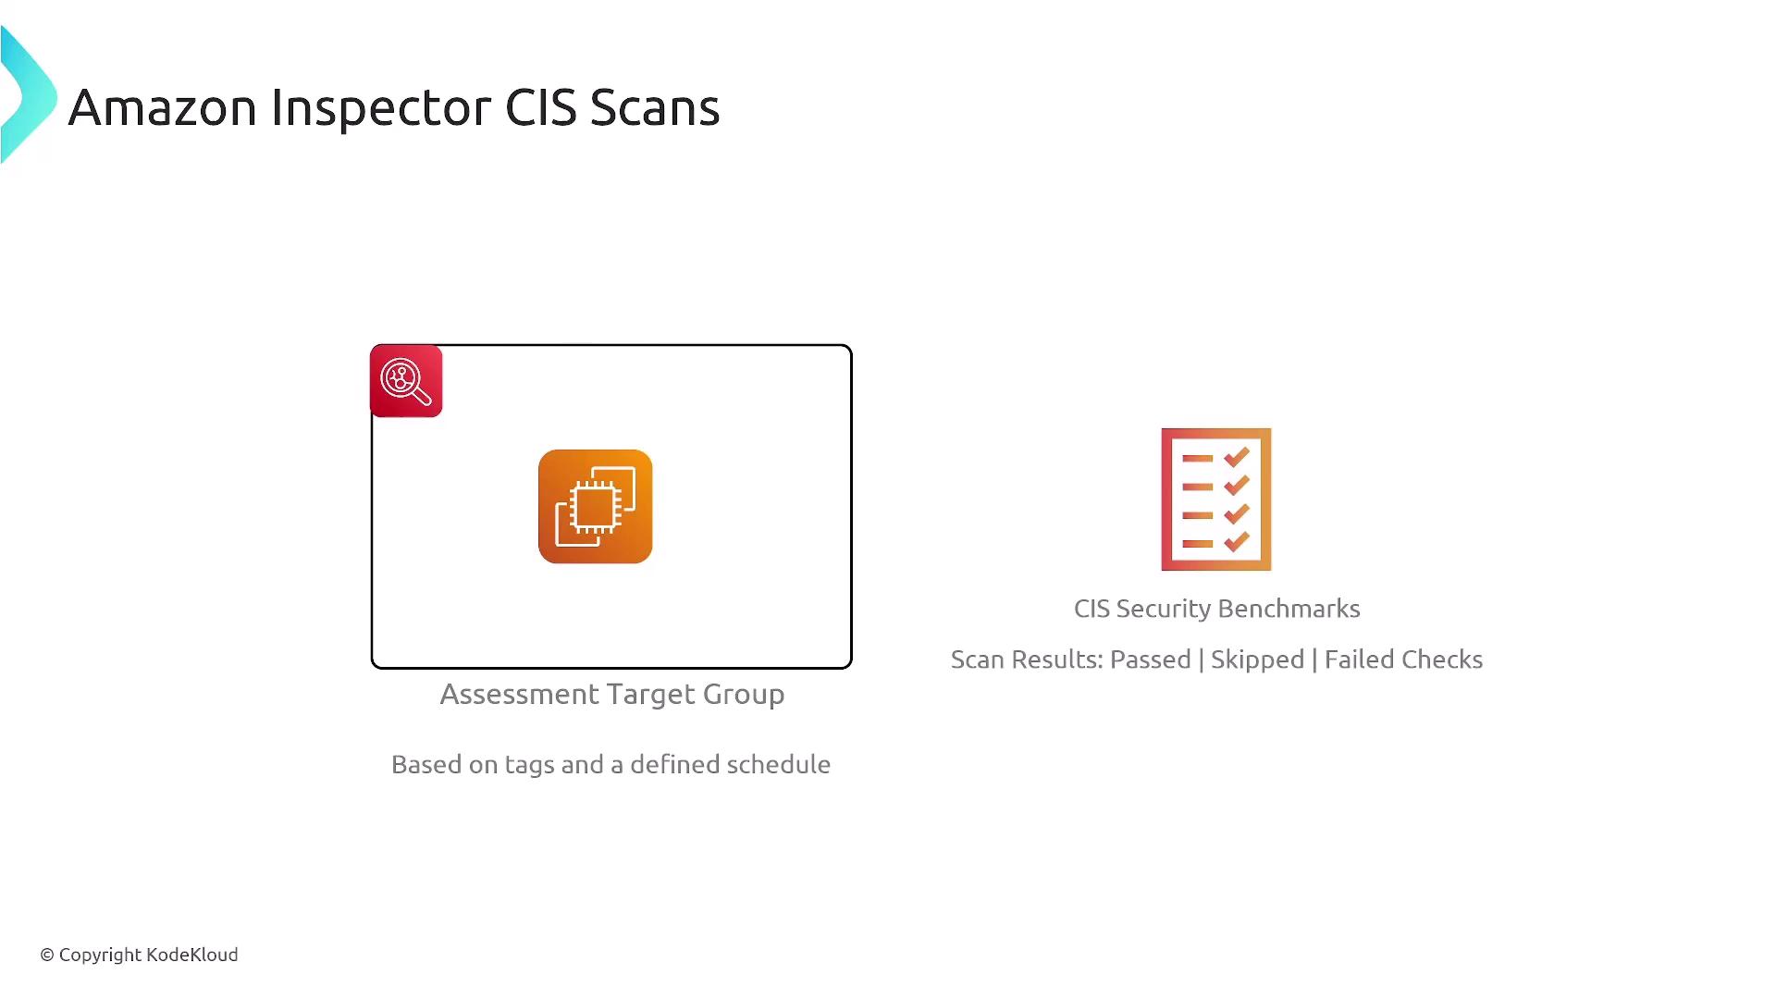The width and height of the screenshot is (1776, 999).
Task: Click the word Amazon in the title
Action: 162,107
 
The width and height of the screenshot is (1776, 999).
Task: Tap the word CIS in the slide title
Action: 541,107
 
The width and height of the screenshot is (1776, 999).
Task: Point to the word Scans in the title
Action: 655,107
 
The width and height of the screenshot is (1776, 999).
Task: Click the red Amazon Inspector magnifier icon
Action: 406,381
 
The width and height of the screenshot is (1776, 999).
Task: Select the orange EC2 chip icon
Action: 596,507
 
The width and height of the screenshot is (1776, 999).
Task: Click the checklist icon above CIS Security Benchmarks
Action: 1216,499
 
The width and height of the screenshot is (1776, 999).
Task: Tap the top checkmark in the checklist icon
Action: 1237,457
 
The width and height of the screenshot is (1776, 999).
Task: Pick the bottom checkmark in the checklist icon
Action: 1237,542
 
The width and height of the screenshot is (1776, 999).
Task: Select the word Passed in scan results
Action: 1150,660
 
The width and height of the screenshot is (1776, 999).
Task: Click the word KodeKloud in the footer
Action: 191,955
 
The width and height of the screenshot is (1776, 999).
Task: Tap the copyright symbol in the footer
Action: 47,956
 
